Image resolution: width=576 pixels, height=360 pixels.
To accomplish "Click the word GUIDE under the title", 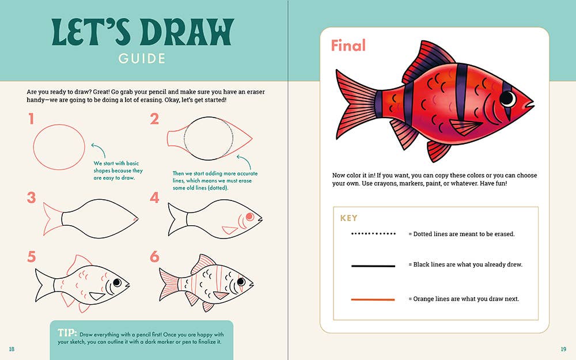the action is (142, 58).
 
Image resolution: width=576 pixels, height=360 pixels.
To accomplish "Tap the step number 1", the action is (31, 119).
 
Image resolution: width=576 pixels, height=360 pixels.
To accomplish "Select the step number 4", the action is (154, 198).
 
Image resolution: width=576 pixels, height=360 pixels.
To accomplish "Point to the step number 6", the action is (154, 256).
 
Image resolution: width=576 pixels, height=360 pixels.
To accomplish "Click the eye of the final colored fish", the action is (508, 98).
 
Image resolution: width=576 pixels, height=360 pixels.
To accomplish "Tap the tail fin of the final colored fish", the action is (354, 105).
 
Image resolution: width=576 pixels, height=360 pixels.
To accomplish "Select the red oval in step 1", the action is (59, 147).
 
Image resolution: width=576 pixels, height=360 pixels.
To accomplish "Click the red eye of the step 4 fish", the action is (250, 217).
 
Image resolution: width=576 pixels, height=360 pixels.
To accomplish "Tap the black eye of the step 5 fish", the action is (117, 282).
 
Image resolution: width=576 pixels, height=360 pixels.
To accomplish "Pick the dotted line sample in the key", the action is (373, 234).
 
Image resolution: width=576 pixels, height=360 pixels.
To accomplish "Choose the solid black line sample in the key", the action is (373, 266).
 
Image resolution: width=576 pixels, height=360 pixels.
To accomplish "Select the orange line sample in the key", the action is (373, 300).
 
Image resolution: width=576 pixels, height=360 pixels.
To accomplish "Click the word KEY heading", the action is (348, 218).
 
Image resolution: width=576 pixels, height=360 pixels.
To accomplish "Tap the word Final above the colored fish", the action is (348, 46).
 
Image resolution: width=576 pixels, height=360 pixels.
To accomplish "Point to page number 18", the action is (12, 349).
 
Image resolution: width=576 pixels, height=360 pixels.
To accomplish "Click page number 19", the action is (563, 349).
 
